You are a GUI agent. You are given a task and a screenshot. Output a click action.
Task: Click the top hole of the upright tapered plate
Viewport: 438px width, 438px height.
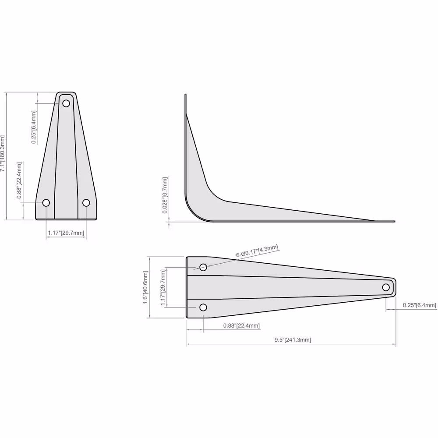pyautogui.click(x=66, y=103)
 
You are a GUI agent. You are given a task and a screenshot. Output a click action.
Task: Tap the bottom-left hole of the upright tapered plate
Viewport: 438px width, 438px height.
pyautogui.click(x=46, y=202)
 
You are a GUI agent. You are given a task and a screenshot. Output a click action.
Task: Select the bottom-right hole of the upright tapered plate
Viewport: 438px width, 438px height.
pyautogui.click(x=86, y=202)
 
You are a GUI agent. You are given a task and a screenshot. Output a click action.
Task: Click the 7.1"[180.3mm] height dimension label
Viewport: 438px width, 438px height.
pyautogui.click(x=3, y=153)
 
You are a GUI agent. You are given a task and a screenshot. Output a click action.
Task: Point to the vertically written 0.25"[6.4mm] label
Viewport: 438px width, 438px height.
pyautogui.click(x=34, y=127)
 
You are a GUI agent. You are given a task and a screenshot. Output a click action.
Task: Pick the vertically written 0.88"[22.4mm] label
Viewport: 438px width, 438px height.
pyautogui.click(x=19, y=180)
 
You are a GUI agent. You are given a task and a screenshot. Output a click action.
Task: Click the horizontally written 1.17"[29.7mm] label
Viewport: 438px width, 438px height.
pyautogui.click(x=66, y=233)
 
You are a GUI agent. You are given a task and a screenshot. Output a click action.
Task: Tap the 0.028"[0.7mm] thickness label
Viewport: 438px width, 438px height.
pyautogui.click(x=165, y=195)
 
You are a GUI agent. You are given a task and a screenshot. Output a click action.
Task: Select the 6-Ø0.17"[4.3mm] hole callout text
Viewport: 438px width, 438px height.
pyautogui.click(x=257, y=251)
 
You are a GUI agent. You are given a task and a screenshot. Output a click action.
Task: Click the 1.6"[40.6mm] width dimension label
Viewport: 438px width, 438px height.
pyautogui.click(x=145, y=287)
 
